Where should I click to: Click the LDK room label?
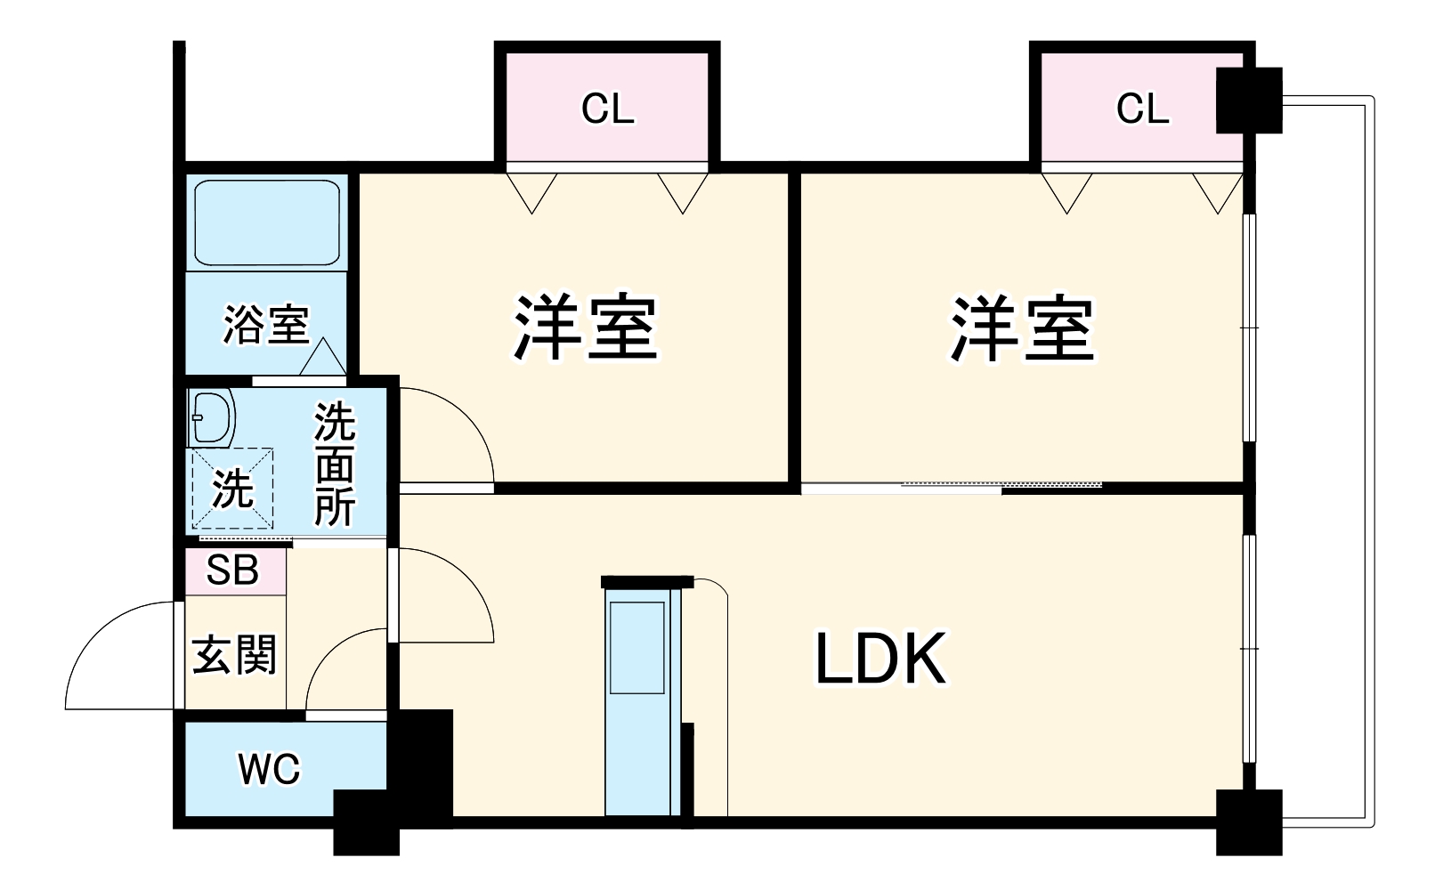tap(880, 659)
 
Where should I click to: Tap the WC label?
tap(270, 769)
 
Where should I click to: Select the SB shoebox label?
tap(232, 570)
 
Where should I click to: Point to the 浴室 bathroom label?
tap(265, 324)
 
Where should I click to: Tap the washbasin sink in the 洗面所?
tap(211, 417)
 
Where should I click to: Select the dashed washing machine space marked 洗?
tap(232, 489)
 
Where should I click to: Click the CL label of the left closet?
tap(608, 109)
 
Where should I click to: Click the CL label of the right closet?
tap(1142, 109)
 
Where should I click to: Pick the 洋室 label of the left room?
tap(586, 328)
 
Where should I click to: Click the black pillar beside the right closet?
tap(1249, 100)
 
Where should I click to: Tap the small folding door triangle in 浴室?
tap(322, 358)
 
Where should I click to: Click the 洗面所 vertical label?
tap(335, 465)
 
